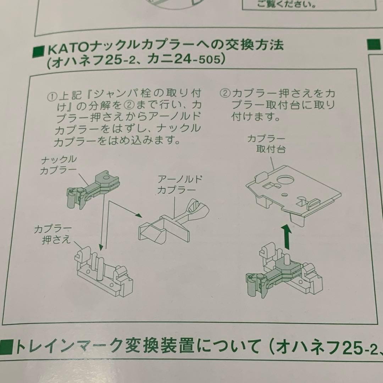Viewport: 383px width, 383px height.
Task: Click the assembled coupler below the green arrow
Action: tap(284, 271)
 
